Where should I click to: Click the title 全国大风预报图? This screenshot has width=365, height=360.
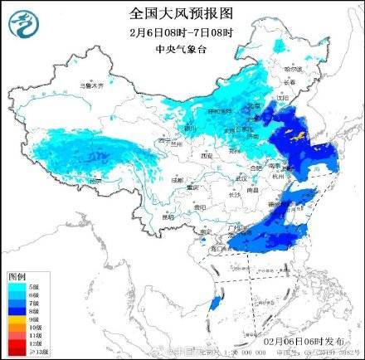[x=182, y=13]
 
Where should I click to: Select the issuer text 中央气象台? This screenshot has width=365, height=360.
[x=182, y=48]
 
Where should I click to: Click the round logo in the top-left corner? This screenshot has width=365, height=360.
[x=22, y=22]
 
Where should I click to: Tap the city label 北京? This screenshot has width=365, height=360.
[x=249, y=109]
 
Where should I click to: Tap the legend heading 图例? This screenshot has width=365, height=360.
[x=17, y=275]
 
